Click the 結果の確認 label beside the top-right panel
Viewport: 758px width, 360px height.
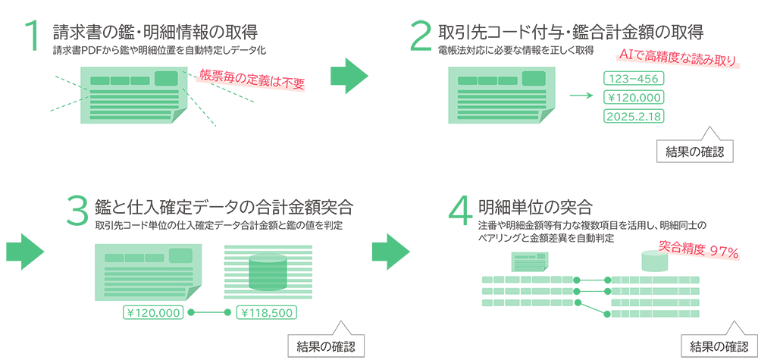coord(695,152)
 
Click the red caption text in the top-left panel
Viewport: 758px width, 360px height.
coord(250,79)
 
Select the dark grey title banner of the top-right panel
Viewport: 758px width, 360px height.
coord(531,42)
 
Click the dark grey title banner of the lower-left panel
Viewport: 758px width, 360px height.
coord(227,197)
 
